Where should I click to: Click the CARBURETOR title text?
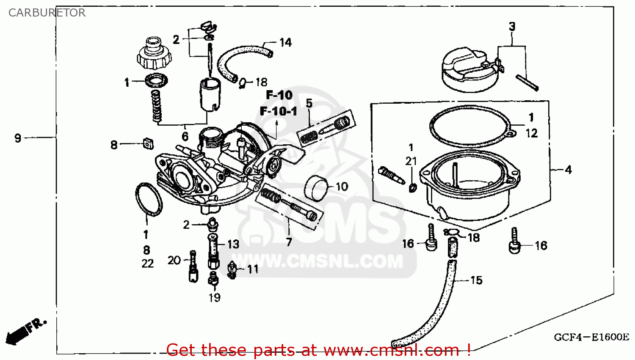(x=47, y=13)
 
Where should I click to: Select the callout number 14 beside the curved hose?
(x=285, y=42)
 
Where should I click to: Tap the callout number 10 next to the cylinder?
(x=342, y=187)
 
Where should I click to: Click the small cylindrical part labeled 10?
(x=317, y=188)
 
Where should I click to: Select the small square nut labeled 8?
(x=148, y=144)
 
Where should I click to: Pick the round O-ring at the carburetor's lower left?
(x=148, y=199)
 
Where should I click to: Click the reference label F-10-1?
(x=279, y=112)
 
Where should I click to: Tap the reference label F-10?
(x=279, y=95)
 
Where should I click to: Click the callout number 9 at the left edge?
(x=18, y=138)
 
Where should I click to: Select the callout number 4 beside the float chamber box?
(x=568, y=170)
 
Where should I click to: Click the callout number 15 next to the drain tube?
(x=476, y=280)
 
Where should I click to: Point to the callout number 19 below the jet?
(x=215, y=298)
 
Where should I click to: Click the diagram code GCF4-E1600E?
(x=591, y=337)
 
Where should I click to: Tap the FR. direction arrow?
(x=23, y=332)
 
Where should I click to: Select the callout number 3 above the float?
(x=512, y=26)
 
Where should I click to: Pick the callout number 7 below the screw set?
(x=289, y=242)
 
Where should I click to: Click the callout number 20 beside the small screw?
(x=174, y=260)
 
